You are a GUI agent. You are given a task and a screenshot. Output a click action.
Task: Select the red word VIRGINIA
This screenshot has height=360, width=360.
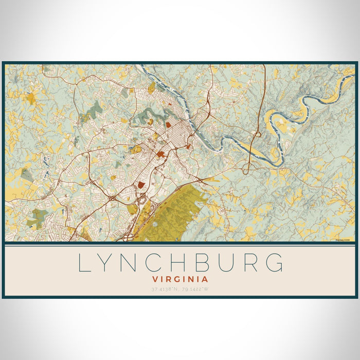coord(180,279)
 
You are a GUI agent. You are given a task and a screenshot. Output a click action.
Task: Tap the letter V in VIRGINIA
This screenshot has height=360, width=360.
coord(155,279)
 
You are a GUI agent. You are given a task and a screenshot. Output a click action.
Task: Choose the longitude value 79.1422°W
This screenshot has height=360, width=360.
coord(195,289)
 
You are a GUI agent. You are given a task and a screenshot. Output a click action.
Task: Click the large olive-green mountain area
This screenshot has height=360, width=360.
coord(170,216)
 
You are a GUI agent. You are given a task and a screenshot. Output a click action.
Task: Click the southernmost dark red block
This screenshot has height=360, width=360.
coord(140,184)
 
